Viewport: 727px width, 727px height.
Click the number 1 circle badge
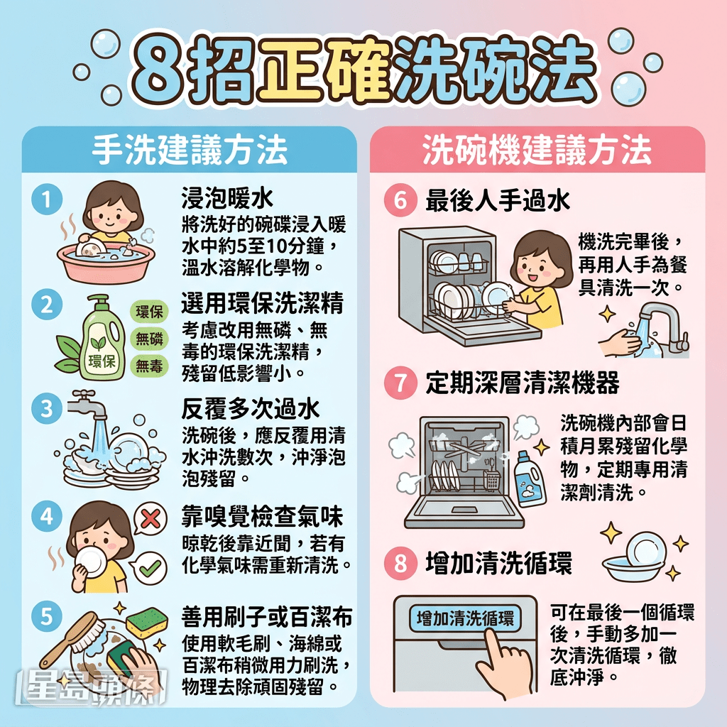point(47,202)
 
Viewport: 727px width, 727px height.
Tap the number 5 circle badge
point(47,617)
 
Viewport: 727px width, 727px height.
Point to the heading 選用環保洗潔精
point(263,303)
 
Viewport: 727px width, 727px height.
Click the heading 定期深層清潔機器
point(522,383)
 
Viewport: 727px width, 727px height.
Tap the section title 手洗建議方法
point(190,150)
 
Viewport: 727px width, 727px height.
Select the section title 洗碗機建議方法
point(537,150)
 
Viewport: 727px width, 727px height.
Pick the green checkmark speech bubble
point(151,568)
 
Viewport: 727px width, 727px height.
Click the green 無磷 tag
point(149,339)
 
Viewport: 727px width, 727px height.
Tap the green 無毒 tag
point(149,366)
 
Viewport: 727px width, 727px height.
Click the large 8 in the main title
point(154,72)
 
